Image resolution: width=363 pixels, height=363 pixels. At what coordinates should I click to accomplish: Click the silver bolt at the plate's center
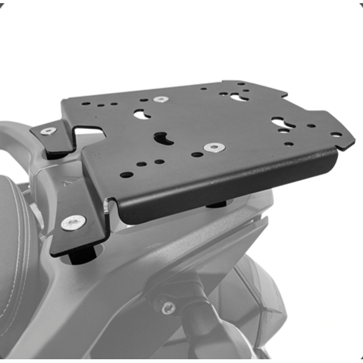point(214,147)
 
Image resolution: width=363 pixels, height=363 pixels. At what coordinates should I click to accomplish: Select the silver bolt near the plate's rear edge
point(161,99)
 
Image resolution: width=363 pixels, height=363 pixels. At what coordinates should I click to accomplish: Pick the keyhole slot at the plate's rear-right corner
point(238,97)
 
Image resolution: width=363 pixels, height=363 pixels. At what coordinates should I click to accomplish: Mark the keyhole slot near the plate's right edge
point(279,123)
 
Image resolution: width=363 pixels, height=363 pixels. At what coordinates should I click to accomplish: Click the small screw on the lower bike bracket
point(168,307)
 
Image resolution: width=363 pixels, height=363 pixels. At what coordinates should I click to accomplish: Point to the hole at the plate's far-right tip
point(336,134)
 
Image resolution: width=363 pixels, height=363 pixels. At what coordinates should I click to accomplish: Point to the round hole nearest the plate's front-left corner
point(126,175)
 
